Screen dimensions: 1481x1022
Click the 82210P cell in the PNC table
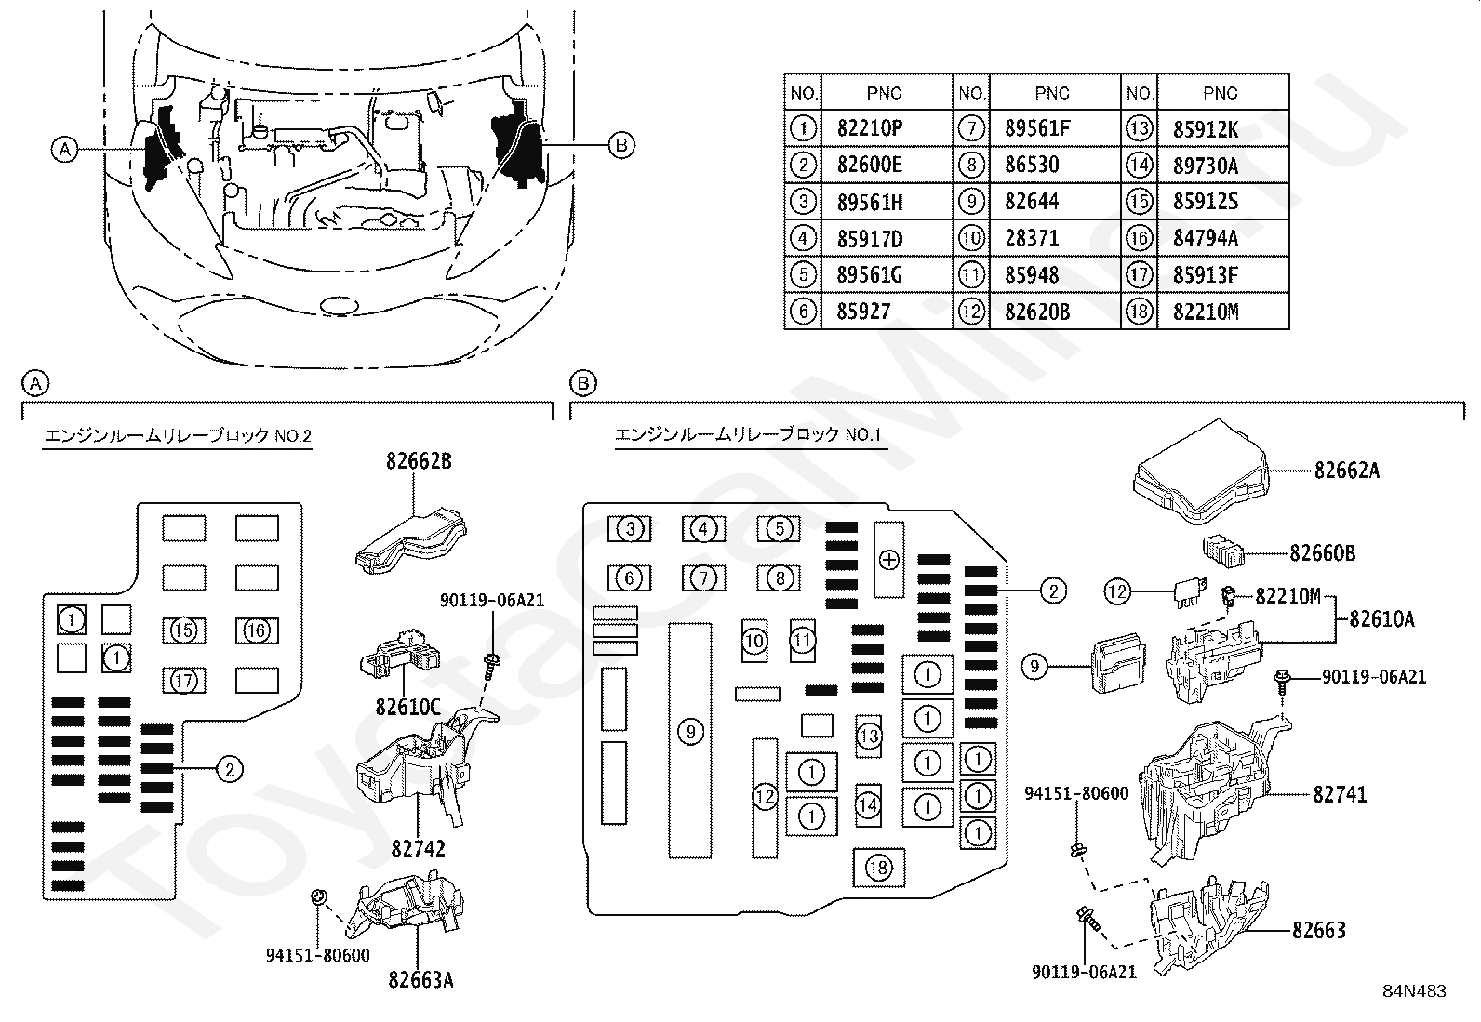tap(870, 128)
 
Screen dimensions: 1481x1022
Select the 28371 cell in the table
tap(1032, 238)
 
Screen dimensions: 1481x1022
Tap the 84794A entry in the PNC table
tap(1206, 238)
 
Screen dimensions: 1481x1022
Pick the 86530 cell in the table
tap(1032, 165)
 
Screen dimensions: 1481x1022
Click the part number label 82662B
tap(420, 461)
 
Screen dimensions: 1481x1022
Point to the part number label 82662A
tap(1347, 471)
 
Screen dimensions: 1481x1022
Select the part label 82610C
tap(407, 708)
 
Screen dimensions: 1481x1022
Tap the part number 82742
tap(418, 849)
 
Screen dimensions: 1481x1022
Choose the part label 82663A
tap(420, 980)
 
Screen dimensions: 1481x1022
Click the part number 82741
tap(1340, 794)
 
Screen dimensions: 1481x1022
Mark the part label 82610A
tap(1381, 619)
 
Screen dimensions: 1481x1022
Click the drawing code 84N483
tap(1414, 991)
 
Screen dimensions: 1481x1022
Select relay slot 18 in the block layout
tap(879, 868)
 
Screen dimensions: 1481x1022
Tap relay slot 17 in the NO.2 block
tap(184, 680)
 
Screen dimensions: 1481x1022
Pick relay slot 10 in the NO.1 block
tap(754, 641)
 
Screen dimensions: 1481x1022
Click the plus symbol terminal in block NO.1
tap(889, 560)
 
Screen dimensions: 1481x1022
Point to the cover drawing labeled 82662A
tap(1201, 472)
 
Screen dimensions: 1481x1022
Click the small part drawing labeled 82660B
tap(1222, 551)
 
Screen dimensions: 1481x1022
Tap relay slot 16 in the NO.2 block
tap(257, 630)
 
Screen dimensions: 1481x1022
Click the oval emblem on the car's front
tap(339, 306)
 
